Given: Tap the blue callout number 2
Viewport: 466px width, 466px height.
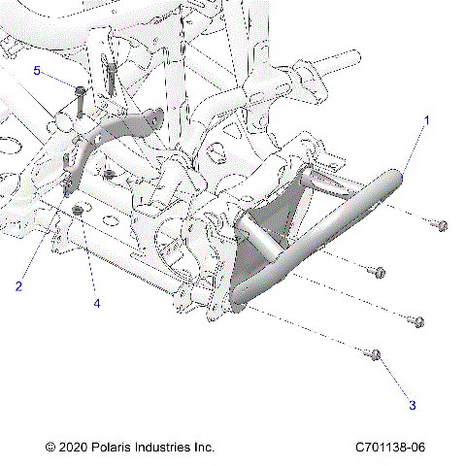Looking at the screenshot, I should [17, 285].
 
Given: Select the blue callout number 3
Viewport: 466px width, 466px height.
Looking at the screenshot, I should [412, 404].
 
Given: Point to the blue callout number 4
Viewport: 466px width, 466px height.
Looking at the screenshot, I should [96, 302].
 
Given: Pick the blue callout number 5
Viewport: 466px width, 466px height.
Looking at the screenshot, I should [37, 72].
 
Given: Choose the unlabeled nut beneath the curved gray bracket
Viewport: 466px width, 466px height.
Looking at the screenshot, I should [110, 175].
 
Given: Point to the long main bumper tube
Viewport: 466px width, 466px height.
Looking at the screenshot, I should [320, 233].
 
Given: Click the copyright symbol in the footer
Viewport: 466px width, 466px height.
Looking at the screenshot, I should [50, 448].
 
